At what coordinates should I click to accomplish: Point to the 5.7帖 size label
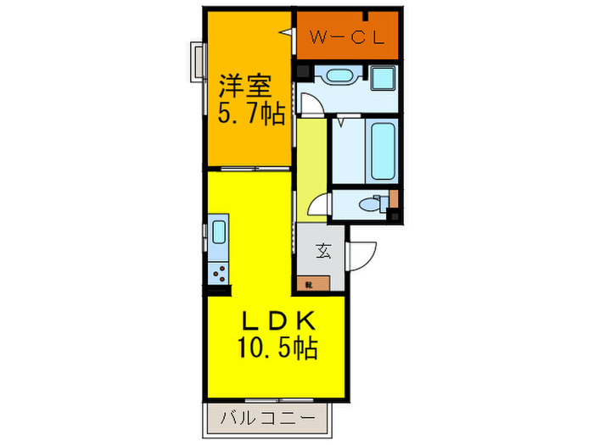click(x=248, y=114)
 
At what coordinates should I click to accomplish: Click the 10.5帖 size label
click(x=273, y=348)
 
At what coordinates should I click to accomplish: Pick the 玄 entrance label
click(x=323, y=251)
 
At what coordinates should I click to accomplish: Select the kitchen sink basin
click(x=218, y=231)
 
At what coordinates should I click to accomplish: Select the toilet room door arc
click(x=320, y=207)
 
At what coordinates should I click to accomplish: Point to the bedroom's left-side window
click(x=198, y=64)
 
